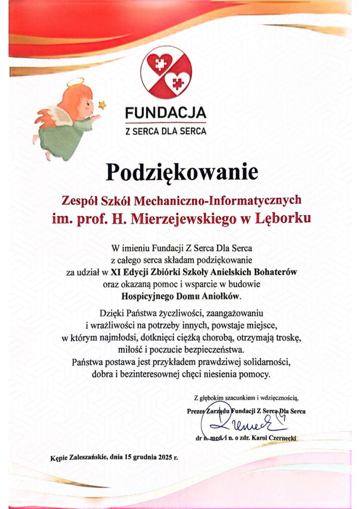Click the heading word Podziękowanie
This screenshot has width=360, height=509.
(x=182, y=172)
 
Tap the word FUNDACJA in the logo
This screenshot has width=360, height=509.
(x=166, y=113)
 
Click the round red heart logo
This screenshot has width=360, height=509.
(x=166, y=73)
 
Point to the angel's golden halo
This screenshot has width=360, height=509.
(x=75, y=82)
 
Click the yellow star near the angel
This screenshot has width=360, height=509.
(x=102, y=104)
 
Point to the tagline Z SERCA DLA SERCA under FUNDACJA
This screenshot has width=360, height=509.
(x=166, y=132)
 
